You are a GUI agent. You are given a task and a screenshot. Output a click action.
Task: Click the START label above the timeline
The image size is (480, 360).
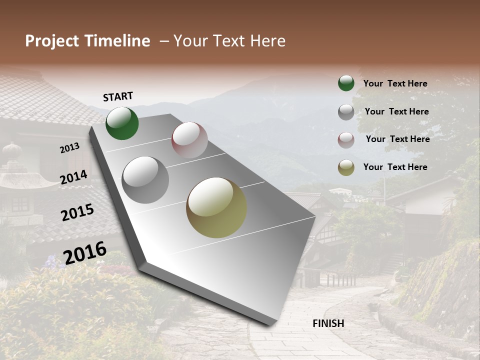118,96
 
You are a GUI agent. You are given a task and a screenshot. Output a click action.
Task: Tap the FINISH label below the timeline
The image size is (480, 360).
328,323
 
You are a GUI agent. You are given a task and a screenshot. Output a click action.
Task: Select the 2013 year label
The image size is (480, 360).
69,148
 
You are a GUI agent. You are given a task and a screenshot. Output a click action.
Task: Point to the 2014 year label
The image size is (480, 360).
74,177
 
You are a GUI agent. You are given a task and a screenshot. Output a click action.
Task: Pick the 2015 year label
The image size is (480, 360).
77,213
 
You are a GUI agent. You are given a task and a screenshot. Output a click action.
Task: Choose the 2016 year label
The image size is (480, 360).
85,253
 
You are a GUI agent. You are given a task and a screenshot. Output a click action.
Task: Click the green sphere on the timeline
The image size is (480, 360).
122,123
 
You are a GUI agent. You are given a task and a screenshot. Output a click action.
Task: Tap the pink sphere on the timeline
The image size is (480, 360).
189,140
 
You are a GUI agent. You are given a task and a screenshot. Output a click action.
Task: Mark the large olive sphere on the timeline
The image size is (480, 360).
216,207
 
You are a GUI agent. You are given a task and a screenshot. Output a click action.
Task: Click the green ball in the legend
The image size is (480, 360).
346,83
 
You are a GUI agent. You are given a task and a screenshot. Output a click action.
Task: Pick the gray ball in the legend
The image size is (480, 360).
346,112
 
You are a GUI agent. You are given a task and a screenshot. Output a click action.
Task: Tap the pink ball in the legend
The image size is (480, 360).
346,140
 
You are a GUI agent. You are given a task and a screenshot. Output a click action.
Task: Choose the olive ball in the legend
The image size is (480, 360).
346,167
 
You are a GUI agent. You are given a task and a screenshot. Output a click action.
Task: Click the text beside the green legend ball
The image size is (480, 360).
395,83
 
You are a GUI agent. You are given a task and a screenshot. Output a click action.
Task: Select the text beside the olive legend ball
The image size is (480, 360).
395,167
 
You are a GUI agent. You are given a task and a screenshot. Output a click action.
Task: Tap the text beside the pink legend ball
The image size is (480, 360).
397,139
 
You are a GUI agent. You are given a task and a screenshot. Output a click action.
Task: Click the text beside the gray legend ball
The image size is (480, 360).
396,111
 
